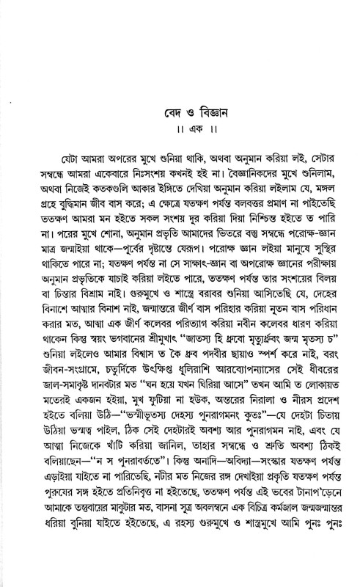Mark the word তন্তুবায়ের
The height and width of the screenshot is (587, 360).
(x=81, y=546)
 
